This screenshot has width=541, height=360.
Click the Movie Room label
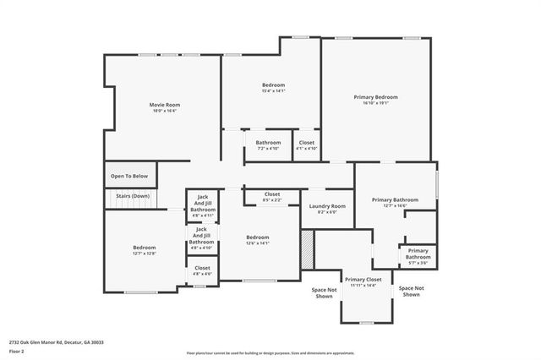pyautogui.click(x=166, y=105)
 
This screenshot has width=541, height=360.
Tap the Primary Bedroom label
pyautogui.click(x=375, y=97)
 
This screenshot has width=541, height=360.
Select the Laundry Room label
pyautogui.click(x=327, y=206)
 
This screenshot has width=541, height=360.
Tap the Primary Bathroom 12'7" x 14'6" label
pyautogui.click(x=395, y=199)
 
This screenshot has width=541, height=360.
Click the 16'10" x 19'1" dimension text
pyautogui.click(x=375, y=104)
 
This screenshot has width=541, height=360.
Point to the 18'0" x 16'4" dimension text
pyautogui.click(x=166, y=111)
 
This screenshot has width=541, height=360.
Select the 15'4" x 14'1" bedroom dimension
pyautogui.click(x=273, y=91)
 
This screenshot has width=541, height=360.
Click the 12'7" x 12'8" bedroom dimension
pyautogui.click(x=144, y=254)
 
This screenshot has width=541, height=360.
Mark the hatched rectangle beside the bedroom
pyautogui.click(x=307, y=249)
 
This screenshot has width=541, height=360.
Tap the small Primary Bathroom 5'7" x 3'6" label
pyautogui.click(x=418, y=256)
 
